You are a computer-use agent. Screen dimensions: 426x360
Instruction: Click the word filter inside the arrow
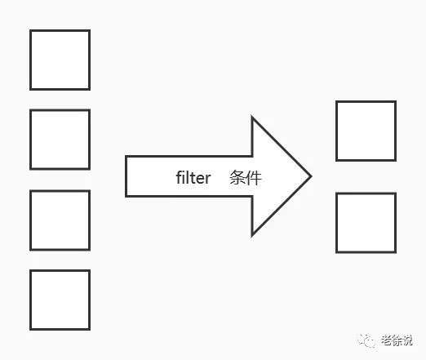coord(193,178)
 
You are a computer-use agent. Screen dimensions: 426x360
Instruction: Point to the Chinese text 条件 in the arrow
coord(246,178)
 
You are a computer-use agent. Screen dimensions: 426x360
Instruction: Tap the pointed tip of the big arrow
coord(311,176)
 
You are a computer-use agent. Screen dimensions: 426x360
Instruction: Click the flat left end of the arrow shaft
coord(126,176)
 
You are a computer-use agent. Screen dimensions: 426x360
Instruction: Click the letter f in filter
coord(179,177)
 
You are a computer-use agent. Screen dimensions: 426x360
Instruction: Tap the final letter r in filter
coord(208,179)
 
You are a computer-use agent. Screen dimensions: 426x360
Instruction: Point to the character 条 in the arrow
coord(237,178)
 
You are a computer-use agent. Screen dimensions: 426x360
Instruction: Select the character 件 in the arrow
coord(254,178)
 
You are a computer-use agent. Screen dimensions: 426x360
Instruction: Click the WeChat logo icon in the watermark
coord(367,340)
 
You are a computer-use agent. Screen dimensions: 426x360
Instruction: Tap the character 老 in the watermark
coord(386,340)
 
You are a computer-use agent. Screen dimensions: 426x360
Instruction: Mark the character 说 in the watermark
coord(407,340)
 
